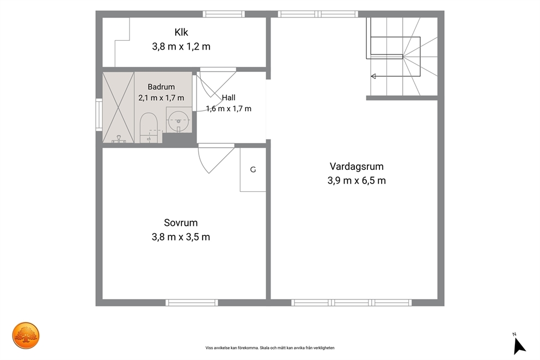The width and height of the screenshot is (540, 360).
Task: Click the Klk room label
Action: point(181,32)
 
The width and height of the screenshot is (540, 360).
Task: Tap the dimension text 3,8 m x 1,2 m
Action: point(181,46)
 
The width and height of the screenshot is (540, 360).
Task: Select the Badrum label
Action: point(161,87)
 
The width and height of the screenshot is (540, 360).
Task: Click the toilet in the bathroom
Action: point(149,127)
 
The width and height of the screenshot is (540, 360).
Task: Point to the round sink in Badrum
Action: point(179,120)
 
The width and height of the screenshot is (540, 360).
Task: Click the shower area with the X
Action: point(119,107)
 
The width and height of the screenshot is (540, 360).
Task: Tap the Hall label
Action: point(229,97)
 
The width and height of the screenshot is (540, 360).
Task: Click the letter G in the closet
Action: point(253,169)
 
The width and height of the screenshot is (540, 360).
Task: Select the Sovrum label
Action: point(181,223)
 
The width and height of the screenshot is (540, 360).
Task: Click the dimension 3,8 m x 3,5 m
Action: point(181,237)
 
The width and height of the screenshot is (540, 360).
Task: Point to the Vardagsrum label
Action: point(357,167)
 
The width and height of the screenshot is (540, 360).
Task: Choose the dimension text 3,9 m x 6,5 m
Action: point(357,180)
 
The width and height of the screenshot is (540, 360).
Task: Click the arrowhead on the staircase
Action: point(373,76)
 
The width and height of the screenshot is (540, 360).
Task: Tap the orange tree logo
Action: point(26,335)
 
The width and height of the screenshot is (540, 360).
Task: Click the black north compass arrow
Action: point(519,346)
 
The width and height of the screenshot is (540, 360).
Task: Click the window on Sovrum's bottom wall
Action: point(192,303)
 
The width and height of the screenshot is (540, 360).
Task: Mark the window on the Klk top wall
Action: point(224,14)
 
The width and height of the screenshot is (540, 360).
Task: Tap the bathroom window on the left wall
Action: point(99,114)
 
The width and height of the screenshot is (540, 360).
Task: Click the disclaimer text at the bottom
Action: point(270,348)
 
